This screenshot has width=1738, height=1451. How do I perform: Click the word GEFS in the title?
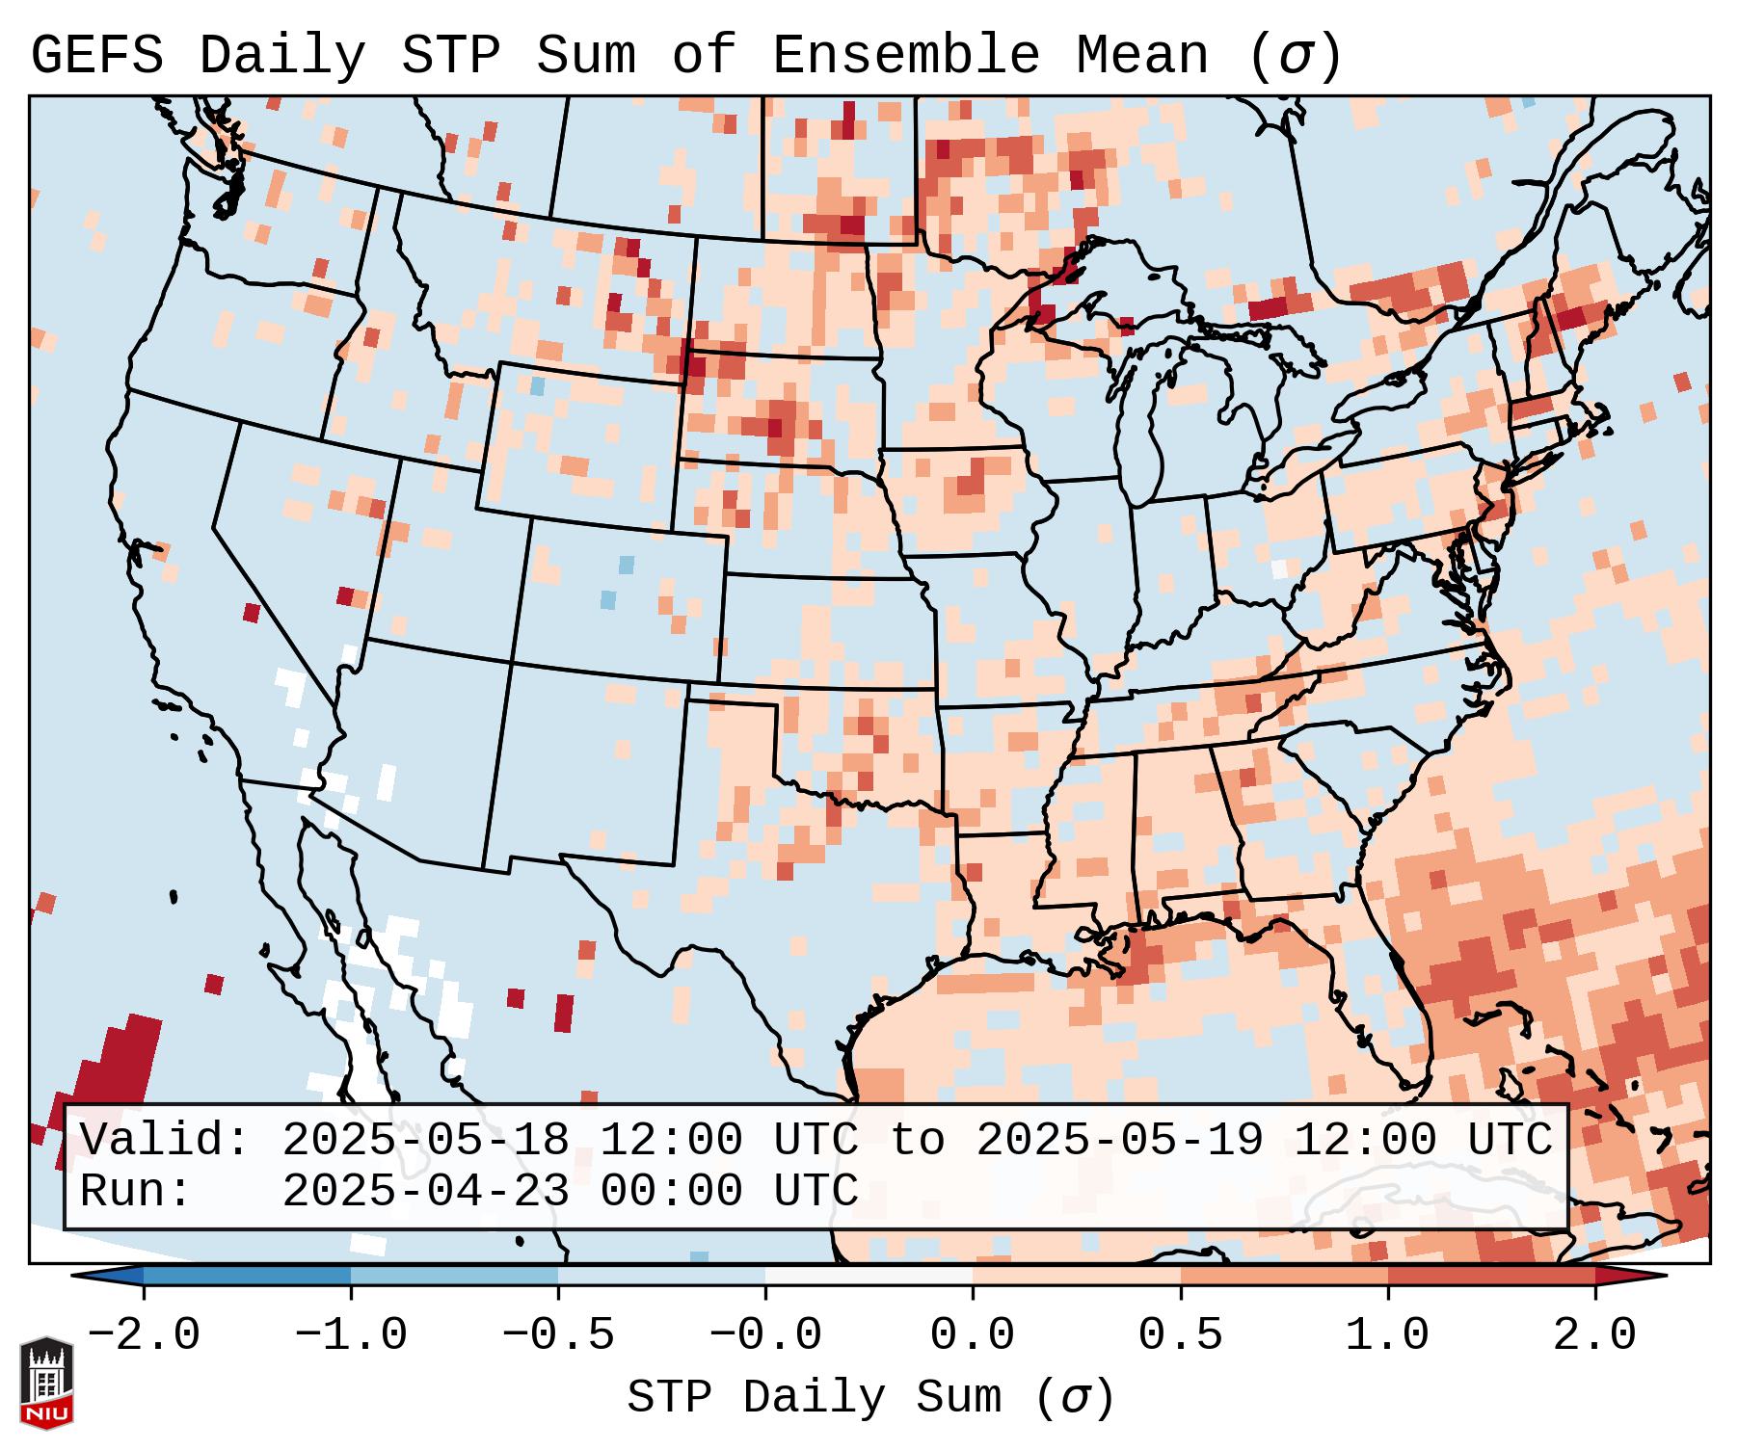97,56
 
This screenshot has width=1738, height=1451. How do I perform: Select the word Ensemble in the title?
906,56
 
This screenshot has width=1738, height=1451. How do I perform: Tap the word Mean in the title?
1141,56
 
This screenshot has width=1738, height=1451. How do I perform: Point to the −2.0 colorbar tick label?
144,1335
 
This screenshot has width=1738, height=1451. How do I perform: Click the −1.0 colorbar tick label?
351,1335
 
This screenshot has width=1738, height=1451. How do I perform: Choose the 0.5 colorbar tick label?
1181,1335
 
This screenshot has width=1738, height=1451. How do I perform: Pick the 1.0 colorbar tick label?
1388,1335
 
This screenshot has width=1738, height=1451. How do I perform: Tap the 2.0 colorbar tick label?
1595,1335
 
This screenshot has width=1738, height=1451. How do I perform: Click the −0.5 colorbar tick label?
558,1335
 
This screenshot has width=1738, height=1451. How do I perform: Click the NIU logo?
46,1383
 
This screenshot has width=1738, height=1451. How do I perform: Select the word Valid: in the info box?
165,1140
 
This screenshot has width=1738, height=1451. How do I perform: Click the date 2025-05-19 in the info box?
1119,1140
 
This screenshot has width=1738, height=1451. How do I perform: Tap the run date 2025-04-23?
425,1191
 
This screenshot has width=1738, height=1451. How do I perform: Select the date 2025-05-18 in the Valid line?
425,1140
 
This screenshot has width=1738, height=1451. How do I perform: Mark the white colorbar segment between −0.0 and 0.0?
869,1276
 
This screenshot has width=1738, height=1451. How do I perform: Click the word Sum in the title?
586,56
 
